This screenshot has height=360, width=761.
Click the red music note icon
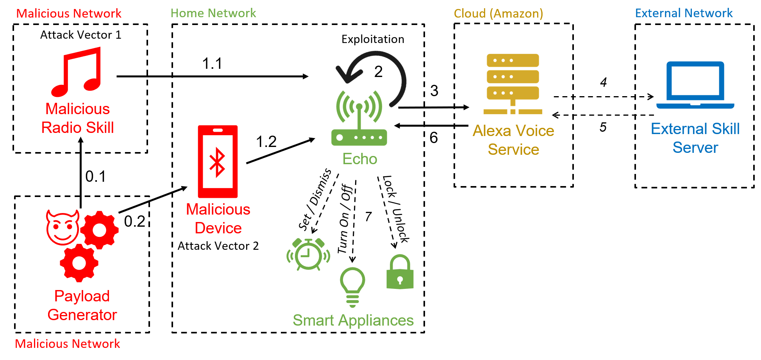point(77,72)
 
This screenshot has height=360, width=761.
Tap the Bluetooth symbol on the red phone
point(217,162)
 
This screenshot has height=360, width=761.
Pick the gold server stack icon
point(513,84)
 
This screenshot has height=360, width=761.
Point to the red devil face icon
point(63,227)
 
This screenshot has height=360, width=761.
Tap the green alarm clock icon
point(308,254)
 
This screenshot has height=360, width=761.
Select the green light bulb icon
point(352,287)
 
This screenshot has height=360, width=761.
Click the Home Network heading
point(213,13)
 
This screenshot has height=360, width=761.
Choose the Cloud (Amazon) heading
point(498,14)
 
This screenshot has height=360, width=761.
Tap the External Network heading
point(684,13)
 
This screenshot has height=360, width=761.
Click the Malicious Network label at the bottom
point(68,344)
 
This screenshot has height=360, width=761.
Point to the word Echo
point(359,159)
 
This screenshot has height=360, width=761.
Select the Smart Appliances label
point(353,321)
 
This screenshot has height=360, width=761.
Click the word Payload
point(82,296)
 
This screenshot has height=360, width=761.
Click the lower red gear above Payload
point(79,263)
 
